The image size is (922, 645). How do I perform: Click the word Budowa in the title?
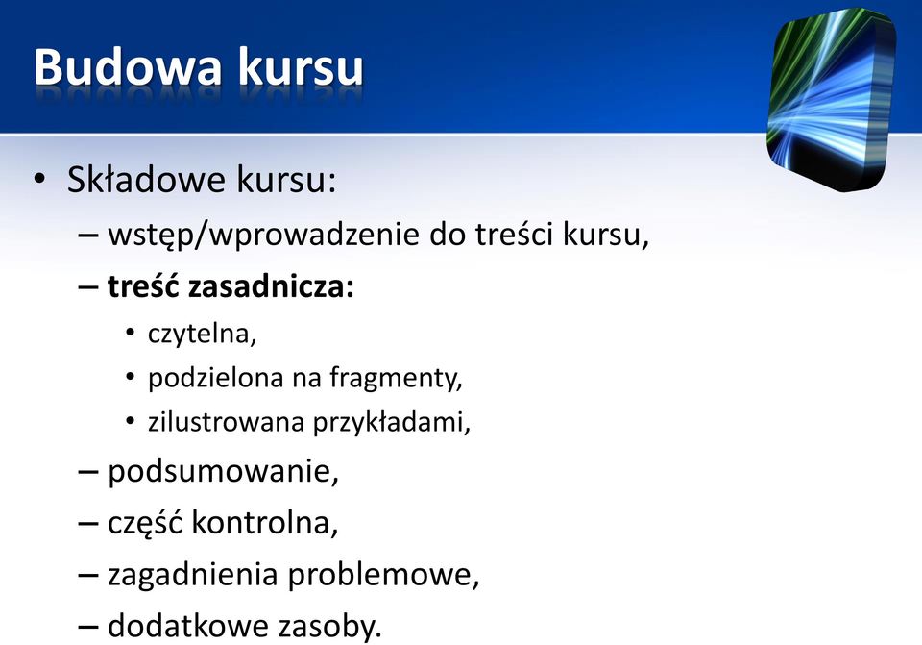[x=128, y=66]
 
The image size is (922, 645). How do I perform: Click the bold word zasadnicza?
[x=272, y=287]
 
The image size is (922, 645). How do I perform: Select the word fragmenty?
[x=396, y=378]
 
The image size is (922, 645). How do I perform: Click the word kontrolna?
[x=265, y=523]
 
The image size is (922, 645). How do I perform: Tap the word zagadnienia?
[x=193, y=575]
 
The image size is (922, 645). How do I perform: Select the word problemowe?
[x=383, y=575]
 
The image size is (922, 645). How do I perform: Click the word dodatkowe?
[x=188, y=625]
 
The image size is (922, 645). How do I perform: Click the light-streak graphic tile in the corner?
[x=832, y=99]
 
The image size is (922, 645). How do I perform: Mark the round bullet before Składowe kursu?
[x=39, y=179]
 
